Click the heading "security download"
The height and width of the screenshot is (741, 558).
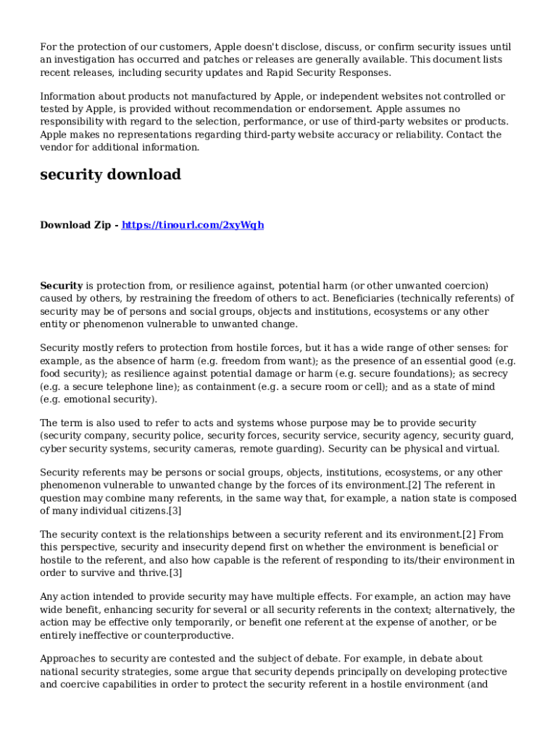tap(110, 175)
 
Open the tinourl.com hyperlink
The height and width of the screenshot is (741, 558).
tap(193, 225)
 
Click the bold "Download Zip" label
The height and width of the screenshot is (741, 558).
tap(75, 225)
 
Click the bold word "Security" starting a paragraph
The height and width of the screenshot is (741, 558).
tap(62, 286)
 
